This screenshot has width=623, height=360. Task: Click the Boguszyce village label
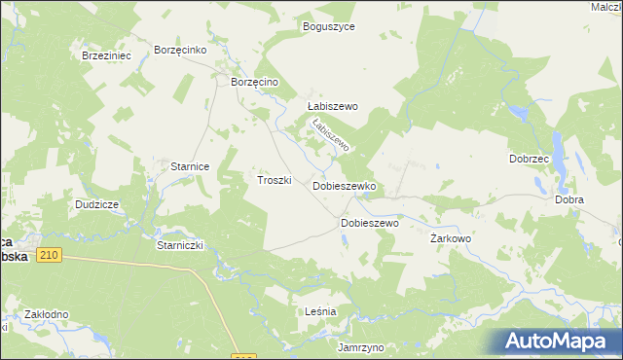coord(329,27)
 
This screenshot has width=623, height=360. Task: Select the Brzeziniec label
coord(107,56)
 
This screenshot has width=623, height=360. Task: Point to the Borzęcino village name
coord(255,83)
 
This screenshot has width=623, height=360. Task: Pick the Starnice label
coord(191,166)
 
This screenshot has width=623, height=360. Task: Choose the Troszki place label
coord(275,180)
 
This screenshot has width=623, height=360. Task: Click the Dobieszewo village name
coord(370,223)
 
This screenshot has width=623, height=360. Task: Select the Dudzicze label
coord(97,205)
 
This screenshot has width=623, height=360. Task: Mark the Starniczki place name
coord(179,246)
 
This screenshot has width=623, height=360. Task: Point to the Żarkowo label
coord(451,237)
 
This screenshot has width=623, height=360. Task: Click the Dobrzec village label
coord(530,159)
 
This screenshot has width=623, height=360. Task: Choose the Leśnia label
coord(320,311)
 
